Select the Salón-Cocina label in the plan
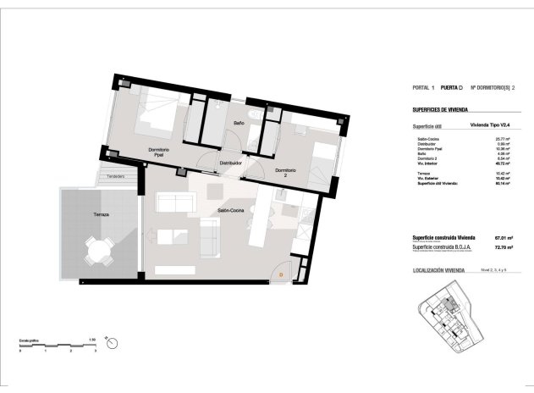click(231, 210)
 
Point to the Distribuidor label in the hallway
click(231, 163)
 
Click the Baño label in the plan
click(239, 123)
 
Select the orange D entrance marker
click(281, 274)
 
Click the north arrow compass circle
click(111, 342)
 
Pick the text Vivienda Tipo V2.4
click(493, 125)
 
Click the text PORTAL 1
click(423, 87)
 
